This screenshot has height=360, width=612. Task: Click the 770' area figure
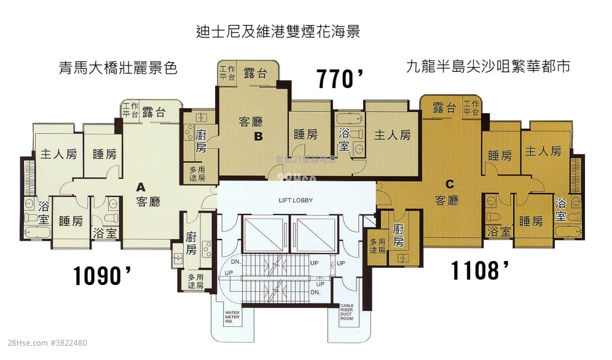[x=340, y=79]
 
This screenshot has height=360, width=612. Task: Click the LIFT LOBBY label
[x=295, y=200]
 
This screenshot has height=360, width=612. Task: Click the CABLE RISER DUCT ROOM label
[x=347, y=312]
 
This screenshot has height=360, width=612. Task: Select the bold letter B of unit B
[x=259, y=136]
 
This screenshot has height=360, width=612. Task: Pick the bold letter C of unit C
[x=450, y=184]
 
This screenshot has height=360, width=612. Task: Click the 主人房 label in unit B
[x=392, y=135]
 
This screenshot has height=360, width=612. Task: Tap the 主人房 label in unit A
[x=59, y=154]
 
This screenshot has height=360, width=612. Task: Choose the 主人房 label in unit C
[x=543, y=151]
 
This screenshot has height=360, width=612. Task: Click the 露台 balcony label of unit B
[x=255, y=73]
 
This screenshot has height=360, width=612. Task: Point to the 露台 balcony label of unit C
[x=444, y=108]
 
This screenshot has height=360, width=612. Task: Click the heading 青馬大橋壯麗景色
[x=118, y=68]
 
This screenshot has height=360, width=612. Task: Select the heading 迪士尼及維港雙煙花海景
[x=278, y=32]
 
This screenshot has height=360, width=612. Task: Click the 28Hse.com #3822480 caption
[x=45, y=343]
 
